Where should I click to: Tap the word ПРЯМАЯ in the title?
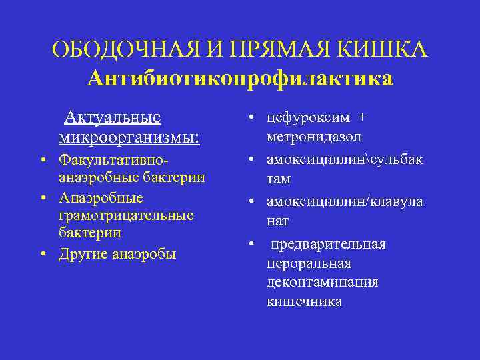(x=257, y=50)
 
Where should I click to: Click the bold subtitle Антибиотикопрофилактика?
(x=240, y=79)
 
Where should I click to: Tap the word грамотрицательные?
(x=126, y=215)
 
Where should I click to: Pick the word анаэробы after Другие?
(x=145, y=254)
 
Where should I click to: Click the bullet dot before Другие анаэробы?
(x=42, y=254)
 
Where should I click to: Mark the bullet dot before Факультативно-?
(x=42, y=160)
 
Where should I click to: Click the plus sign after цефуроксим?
(x=362, y=117)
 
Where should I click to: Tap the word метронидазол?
(x=314, y=137)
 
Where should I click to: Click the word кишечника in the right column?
(x=305, y=301)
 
